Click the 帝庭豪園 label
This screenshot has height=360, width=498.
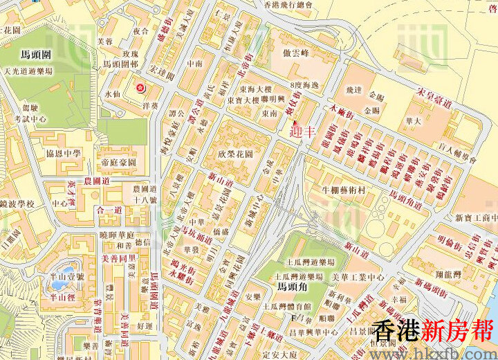[118, 161]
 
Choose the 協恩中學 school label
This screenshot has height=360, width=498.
[64, 153]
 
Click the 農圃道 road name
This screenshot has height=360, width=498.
[98, 180]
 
